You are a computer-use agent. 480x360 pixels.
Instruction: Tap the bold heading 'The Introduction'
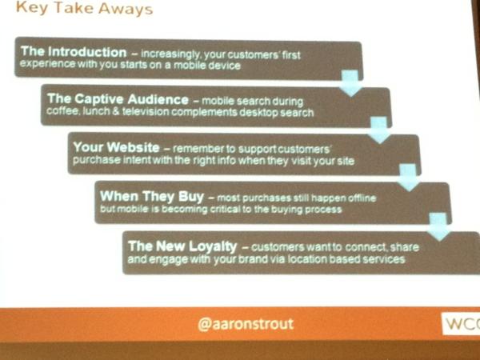tap(74, 52)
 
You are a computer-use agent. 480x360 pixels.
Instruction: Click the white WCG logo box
tap(462, 326)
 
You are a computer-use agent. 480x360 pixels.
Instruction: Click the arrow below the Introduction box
tap(349, 82)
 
